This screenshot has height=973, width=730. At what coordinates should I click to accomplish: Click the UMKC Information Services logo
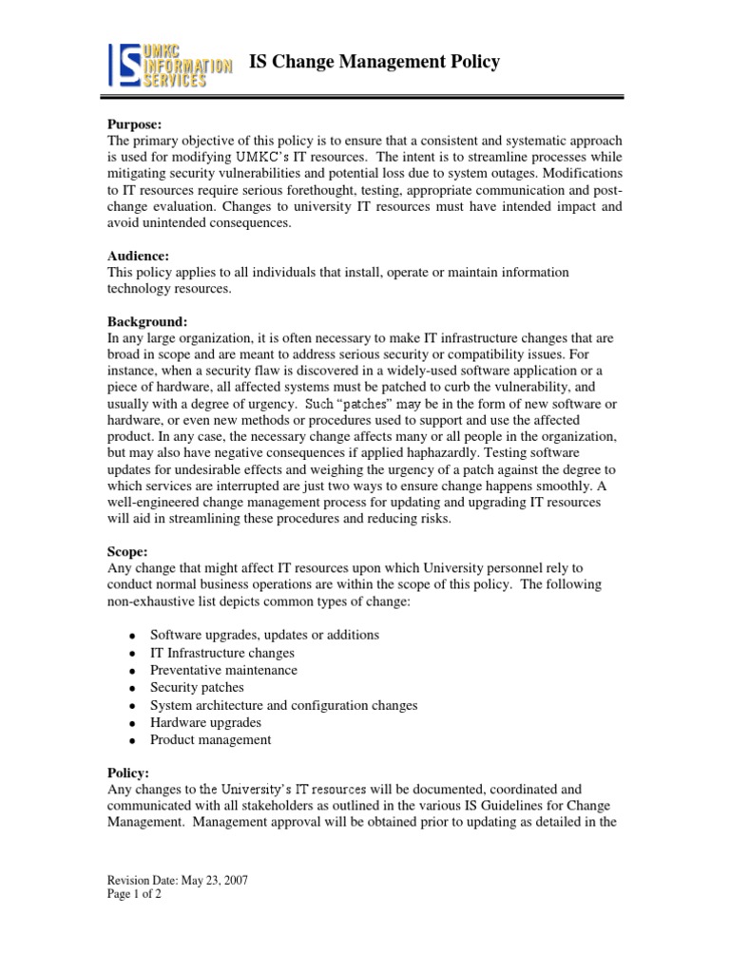(168, 66)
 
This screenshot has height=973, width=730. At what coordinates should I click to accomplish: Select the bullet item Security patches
(197, 688)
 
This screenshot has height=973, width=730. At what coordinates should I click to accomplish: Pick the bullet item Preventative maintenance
(223, 670)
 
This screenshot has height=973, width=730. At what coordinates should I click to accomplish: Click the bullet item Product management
(210, 739)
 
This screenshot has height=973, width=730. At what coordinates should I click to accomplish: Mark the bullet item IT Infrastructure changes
(221, 653)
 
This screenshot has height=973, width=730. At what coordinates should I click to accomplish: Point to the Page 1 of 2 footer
(133, 895)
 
